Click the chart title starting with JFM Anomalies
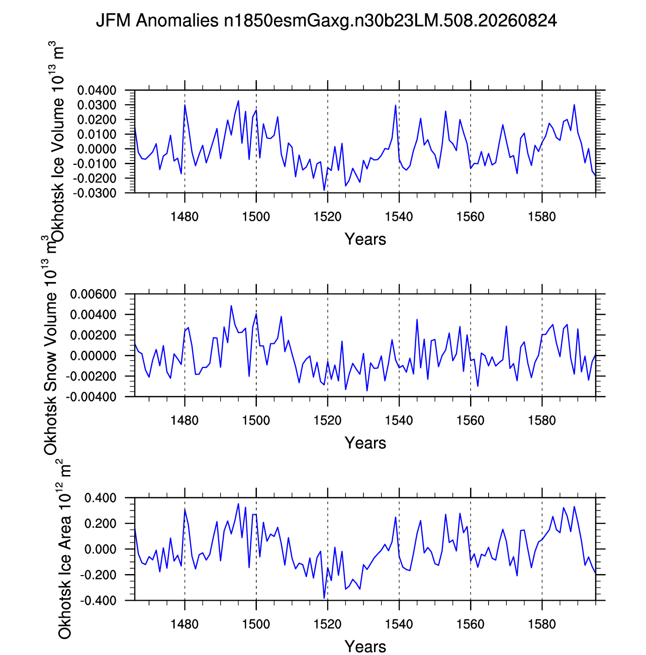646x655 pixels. point(326,21)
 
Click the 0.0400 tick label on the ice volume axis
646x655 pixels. point(97,91)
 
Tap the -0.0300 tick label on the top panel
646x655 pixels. point(95,193)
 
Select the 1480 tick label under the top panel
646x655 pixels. point(184,217)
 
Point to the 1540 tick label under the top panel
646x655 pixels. point(399,217)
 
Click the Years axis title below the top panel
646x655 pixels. point(365,239)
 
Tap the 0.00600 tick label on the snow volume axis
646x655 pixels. point(93,294)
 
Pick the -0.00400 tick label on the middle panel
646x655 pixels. point(91,397)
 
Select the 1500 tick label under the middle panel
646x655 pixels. point(256,420)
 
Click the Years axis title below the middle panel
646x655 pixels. point(365,443)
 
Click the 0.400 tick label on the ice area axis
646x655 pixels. point(101,498)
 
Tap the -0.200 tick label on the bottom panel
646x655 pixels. point(98,575)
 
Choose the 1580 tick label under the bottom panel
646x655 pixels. point(541,624)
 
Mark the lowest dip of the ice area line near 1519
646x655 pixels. point(324,598)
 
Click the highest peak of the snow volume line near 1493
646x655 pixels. point(231,306)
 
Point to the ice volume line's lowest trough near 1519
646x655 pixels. point(324,190)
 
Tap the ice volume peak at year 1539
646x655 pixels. point(396,106)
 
